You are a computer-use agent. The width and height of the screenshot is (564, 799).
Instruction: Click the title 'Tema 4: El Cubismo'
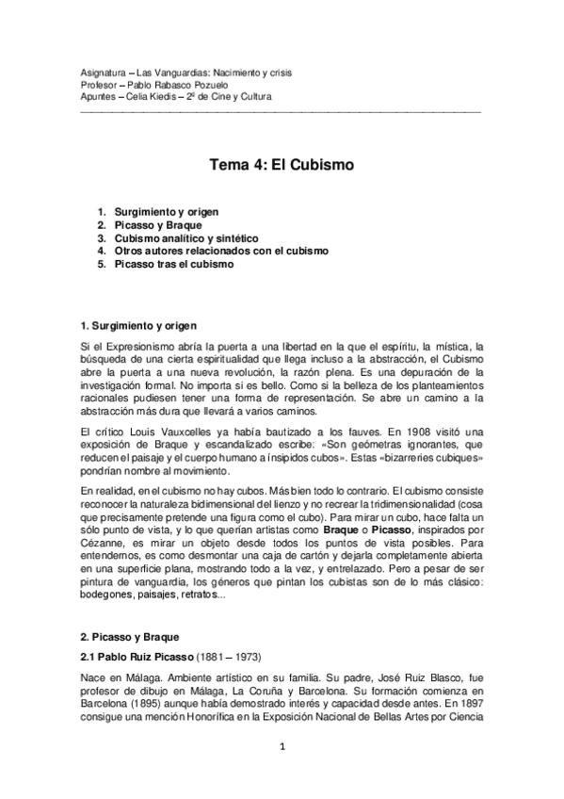[x=281, y=163]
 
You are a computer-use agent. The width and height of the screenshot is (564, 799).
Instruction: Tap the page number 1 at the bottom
[x=282, y=748]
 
